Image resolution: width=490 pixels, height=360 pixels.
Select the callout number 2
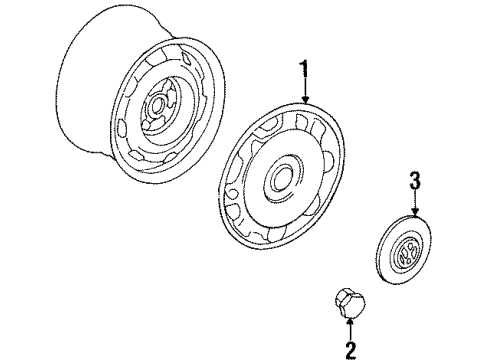[x=351, y=350]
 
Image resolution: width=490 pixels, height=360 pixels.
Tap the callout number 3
[x=415, y=180]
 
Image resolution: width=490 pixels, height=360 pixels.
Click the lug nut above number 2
[x=350, y=303]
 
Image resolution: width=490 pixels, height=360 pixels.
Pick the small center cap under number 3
[x=405, y=249]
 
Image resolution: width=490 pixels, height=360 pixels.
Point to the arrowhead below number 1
[x=305, y=99]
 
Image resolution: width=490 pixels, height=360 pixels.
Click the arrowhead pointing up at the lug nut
[x=350, y=322]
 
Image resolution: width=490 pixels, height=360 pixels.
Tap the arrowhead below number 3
[x=415, y=212]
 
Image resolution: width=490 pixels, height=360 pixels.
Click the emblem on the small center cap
[x=407, y=254]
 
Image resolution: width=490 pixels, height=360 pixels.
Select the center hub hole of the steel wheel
[x=156, y=106]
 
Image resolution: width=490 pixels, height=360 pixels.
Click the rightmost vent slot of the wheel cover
[x=328, y=161]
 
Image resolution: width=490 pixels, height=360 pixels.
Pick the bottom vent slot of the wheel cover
[x=277, y=233]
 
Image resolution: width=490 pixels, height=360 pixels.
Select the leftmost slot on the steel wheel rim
[x=123, y=129]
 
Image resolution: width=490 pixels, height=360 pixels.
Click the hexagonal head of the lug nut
[x=344, y=300]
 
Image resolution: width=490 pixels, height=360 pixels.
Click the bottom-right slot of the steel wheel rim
[x=172, y=158]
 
